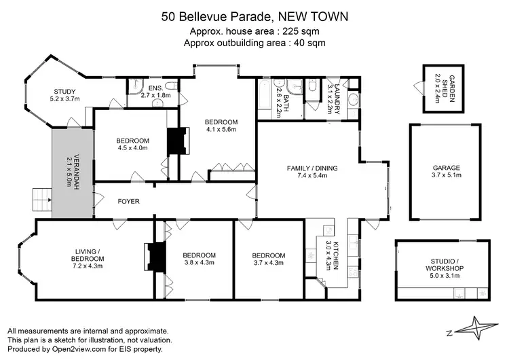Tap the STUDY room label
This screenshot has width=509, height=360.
coord(66,95)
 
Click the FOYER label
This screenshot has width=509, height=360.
coord(129,201)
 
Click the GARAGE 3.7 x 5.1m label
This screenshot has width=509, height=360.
coord(447,172)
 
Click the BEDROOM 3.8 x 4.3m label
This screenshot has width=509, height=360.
coord(200,259)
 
